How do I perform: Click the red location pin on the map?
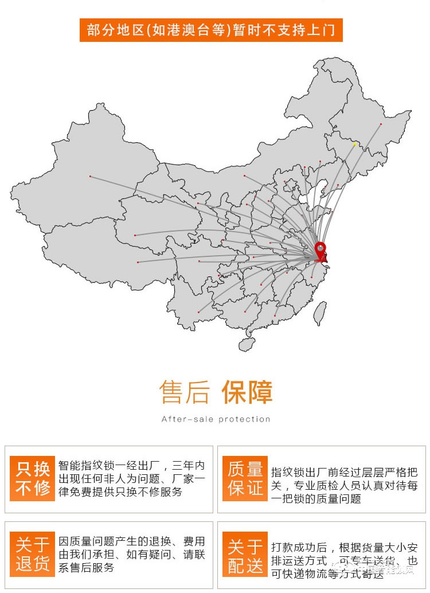pos(320,251)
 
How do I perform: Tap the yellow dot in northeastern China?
pos(355,145)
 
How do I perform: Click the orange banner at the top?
pos(211,29)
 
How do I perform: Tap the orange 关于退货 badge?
pos(33,554)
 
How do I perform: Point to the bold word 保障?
pos(247,392)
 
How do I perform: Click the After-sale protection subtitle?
pos(216,419)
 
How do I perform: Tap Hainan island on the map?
pos(247,344)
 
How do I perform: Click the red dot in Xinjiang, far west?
pos(90,176)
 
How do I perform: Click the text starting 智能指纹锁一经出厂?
pos(131,478)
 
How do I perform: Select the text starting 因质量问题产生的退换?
pos(131,554)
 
